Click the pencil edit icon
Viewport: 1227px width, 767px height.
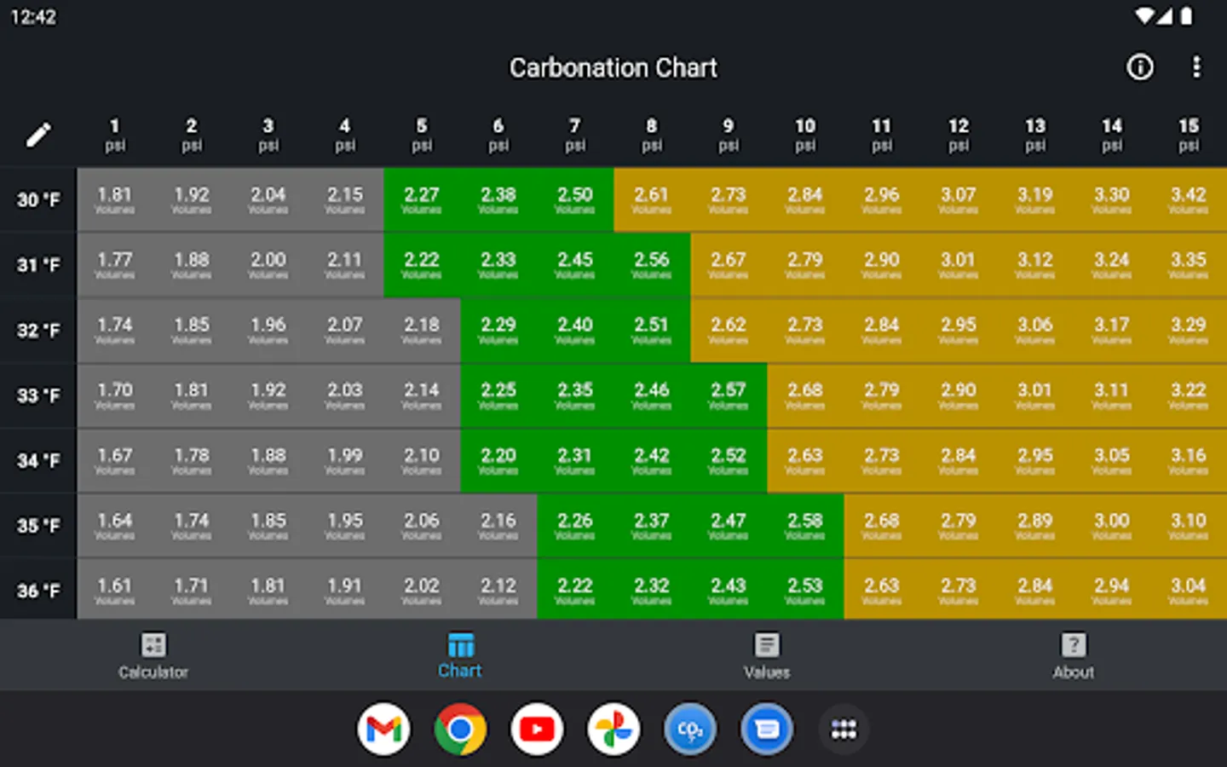tap(38, 135)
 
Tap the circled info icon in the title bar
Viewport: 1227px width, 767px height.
tap(1140, 67)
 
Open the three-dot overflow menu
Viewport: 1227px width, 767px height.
tap(1196, 67)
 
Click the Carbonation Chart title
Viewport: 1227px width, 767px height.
tap(613, 68)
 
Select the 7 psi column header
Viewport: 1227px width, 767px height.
tap(575, 135)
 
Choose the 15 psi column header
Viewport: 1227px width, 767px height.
tap(1189, 135)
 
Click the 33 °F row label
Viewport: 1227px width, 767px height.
tap(38, 395)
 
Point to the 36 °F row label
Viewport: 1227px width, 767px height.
tap(38, 591)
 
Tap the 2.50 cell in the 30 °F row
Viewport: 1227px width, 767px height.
tap(575, 199)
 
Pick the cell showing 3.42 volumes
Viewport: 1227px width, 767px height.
tap(1189, 199)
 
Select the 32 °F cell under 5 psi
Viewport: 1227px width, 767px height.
tap(422, 330)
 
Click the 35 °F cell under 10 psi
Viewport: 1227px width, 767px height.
tap(805, 525)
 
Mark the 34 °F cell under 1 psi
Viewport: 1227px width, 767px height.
tap(115, 460)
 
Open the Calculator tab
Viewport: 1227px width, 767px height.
tap(153, 655)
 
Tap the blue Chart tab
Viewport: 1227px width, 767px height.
tap(460, 655)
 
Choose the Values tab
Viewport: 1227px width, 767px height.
tap(767, 655)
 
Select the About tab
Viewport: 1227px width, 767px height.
tap(1074, 655)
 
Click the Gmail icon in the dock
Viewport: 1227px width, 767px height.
tap(383, 730)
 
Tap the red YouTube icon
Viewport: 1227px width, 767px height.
tap(537, 730)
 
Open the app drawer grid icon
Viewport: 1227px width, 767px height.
tap(844, 730)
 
